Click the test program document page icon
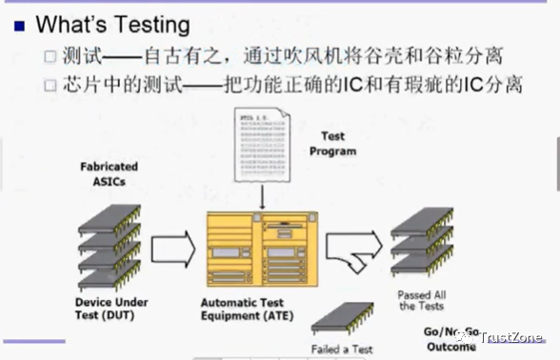pos(263,147)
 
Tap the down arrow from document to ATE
pos(262,198)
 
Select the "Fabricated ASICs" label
pos(108,173)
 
